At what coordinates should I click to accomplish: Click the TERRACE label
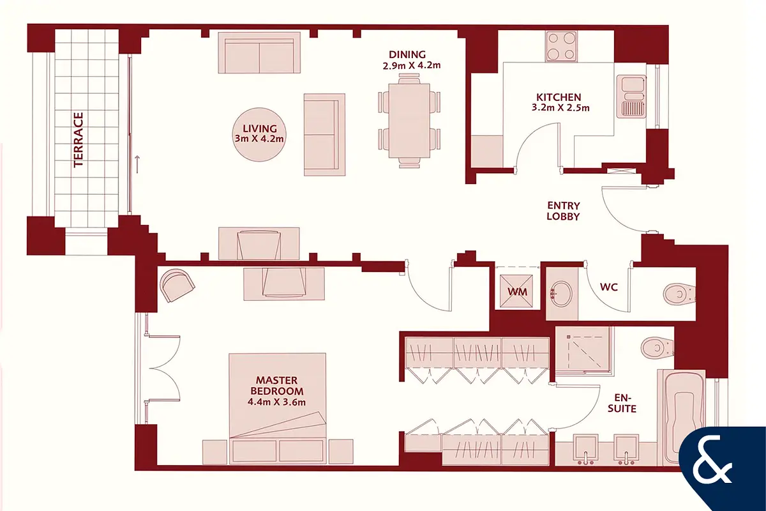pos(79,140)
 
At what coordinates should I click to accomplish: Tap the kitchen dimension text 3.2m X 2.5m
pos(560,108)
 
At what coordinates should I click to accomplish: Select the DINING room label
pos(407,54)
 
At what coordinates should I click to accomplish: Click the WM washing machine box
pos(516,291)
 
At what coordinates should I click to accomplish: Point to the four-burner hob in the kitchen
pos(561,46)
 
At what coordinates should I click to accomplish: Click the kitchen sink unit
pos(631,96)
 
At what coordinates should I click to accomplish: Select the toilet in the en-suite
pos(657,347)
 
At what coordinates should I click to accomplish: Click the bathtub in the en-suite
pos(681,418)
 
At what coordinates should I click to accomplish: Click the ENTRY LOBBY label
pos(564,211)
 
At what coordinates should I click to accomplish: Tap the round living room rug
pos(259,135)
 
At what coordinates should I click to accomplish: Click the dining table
pos(409,121)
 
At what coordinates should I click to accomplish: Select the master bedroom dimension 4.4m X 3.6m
pos(276,402)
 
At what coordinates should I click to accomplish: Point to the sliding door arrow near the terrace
pos(137,164)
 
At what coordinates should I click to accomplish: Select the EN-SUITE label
pos(622,403)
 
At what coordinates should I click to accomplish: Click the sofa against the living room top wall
pos(259,53)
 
